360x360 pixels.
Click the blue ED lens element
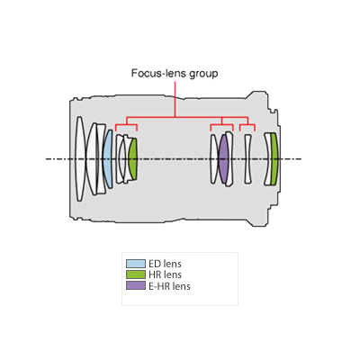pos(108,159)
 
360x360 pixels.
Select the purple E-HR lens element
pos(223,159)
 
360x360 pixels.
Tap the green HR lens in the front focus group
pos(133,159)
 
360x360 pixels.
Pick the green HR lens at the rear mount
pos(274,159)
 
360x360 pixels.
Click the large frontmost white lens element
pos(79,159)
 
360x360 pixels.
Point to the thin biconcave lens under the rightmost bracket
pos(247,159)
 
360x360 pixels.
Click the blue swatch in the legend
pos(136,264)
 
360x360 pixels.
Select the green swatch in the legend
pos(136,274)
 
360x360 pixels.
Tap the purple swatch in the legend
pos(136,286)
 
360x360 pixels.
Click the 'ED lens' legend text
pos(165,264)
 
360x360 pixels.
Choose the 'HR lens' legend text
pos(165,274)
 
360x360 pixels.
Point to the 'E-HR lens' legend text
pos(169,286)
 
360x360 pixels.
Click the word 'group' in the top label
pos(203,74)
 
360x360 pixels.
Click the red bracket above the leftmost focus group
pos(126,124)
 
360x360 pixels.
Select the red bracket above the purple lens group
pos(222,124)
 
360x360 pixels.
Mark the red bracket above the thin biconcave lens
pos(247,124)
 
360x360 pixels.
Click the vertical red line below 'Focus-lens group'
pos(175,99)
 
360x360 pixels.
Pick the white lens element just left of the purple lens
pos(214,159)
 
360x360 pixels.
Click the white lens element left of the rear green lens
pos(267,159)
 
